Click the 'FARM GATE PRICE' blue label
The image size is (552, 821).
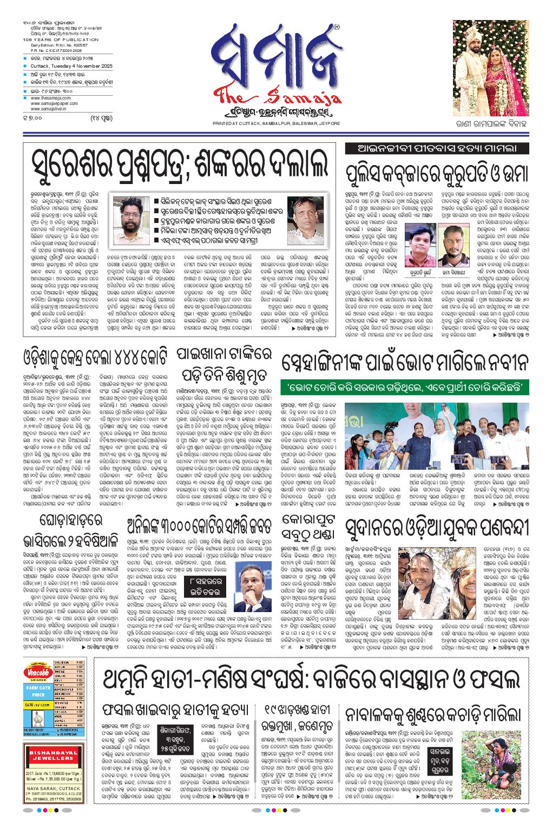38,691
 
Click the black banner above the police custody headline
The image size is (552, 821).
437,148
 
